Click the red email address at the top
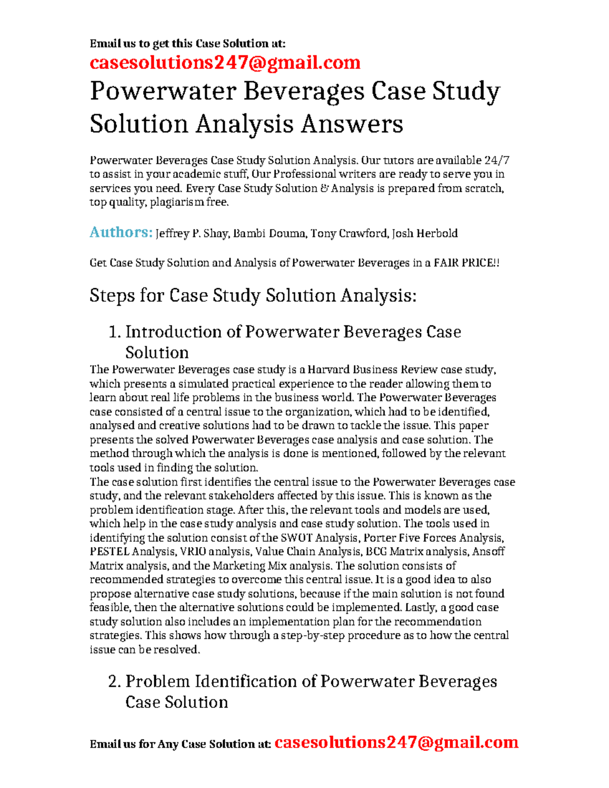click(225, 62)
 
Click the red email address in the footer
click(396, 742)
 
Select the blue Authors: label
click(121, 232)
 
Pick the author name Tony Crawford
click(349, 233)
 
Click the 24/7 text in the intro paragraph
click(497, 160)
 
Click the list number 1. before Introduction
click(115, 332)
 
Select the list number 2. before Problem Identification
click(115, 681)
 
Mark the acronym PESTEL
click(109, 552)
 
